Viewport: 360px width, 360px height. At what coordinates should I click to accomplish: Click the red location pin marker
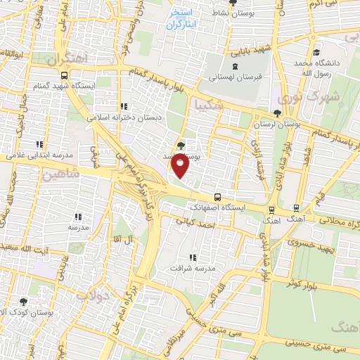[181, 166]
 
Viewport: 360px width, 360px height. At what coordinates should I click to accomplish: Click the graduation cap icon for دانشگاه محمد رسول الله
[317, 53]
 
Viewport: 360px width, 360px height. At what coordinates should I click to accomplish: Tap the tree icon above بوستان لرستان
[278, 113]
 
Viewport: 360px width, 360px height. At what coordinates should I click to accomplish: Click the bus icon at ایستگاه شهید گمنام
[64, 75]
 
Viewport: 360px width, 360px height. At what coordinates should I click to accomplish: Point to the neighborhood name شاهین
[58, 174]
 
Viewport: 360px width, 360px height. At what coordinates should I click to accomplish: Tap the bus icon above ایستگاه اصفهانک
[217, 197]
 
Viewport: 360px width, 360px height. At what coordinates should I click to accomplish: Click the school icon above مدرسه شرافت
[193, 258]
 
